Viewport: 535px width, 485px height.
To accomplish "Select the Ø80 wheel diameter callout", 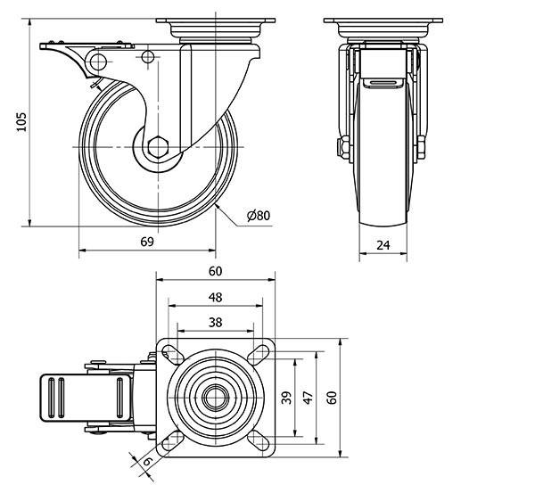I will coord(258,215).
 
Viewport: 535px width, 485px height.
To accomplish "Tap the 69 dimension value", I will coord(147,242).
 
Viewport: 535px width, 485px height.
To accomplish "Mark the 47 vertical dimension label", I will coord(309,398).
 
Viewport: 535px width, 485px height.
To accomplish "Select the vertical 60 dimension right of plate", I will coord(333,398).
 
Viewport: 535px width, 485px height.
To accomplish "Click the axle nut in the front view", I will coord(342,148).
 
